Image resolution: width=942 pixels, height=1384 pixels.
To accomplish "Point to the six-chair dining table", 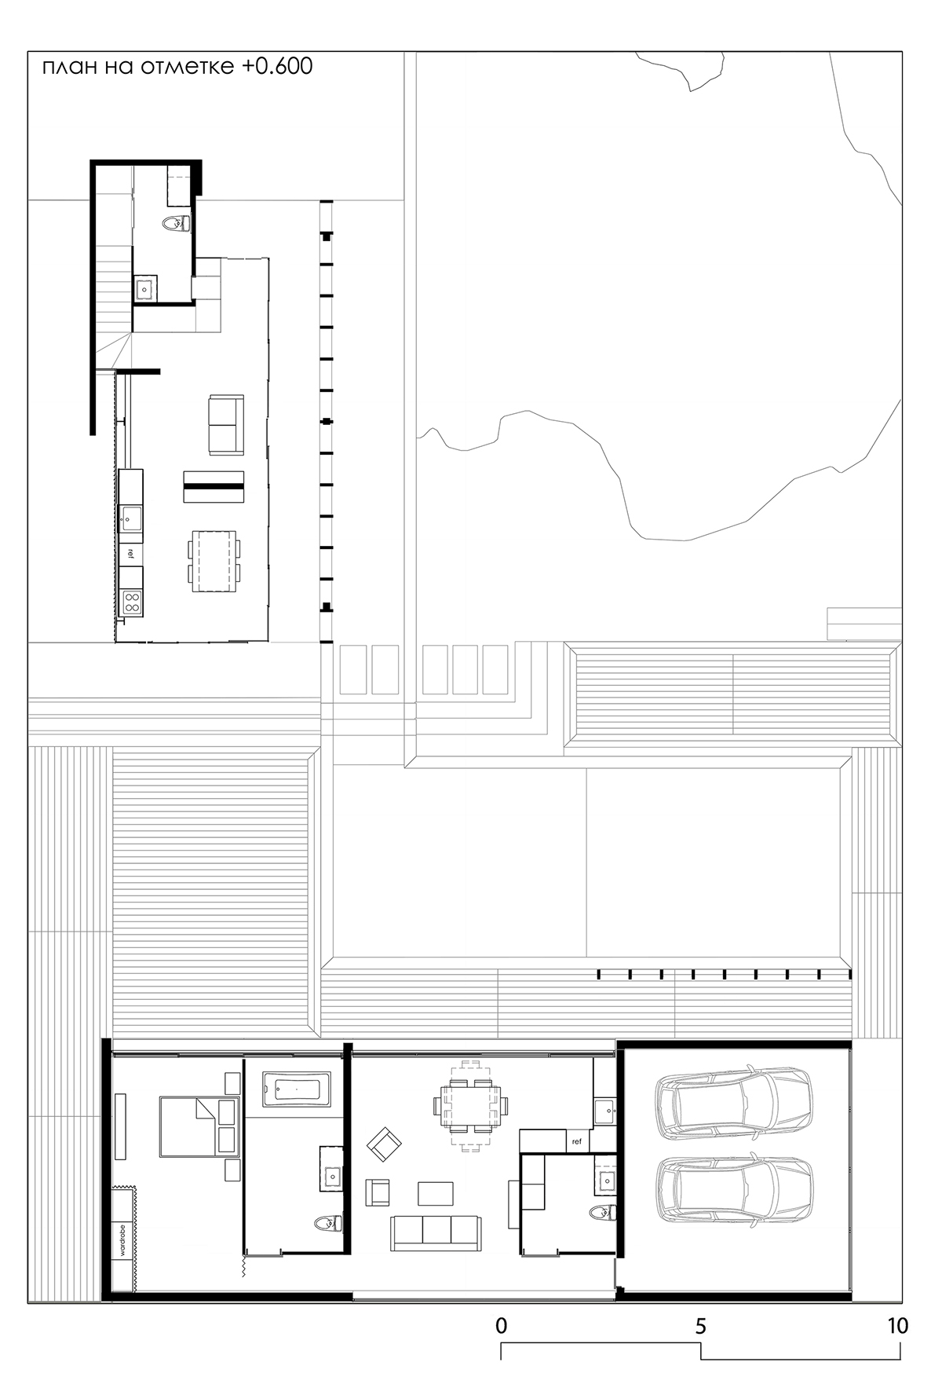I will click(470, 1104).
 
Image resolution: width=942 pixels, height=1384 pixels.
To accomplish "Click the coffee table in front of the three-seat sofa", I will click(436, 1193).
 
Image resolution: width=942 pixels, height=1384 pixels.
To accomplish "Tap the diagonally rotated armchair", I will click(384, 1144).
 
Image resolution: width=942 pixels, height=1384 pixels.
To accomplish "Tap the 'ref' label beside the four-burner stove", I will click(130, 553).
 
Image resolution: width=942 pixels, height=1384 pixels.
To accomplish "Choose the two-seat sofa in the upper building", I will click(226, 425).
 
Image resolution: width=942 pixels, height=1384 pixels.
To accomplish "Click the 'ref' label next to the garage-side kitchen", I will click(577, 1141).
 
